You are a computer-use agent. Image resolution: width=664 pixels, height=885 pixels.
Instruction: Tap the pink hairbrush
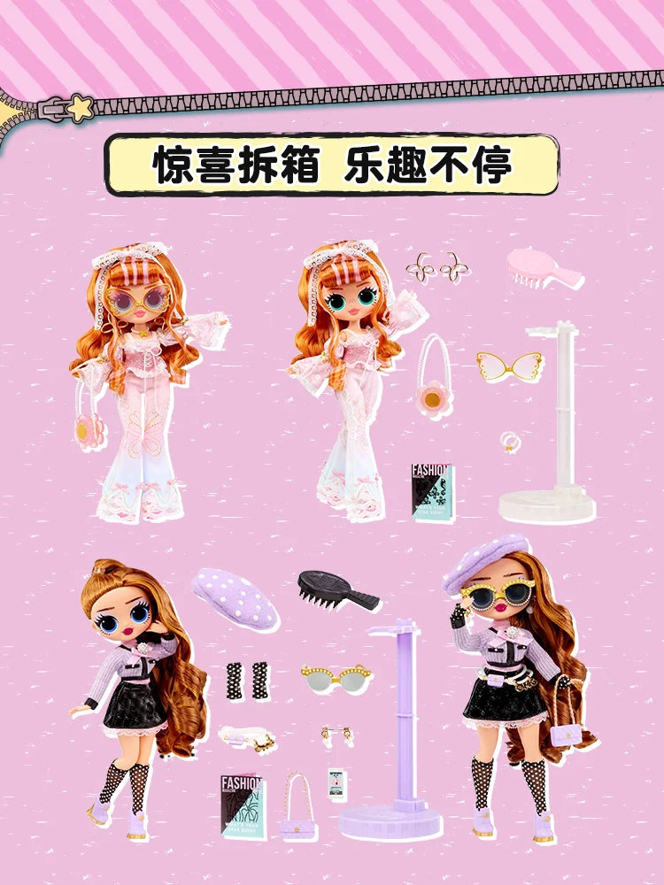tap(542, 267)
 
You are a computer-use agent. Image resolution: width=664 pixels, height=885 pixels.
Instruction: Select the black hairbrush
tap(337, 589)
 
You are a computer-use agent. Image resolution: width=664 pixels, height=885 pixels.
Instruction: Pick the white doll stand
tap(549, 425)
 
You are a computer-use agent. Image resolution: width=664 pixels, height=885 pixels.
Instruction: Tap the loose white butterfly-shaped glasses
tap(508, 366)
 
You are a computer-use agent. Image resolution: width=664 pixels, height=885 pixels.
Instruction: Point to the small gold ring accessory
tap(511, 440)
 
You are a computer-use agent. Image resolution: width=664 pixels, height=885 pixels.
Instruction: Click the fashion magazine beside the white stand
tap(433, 492)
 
